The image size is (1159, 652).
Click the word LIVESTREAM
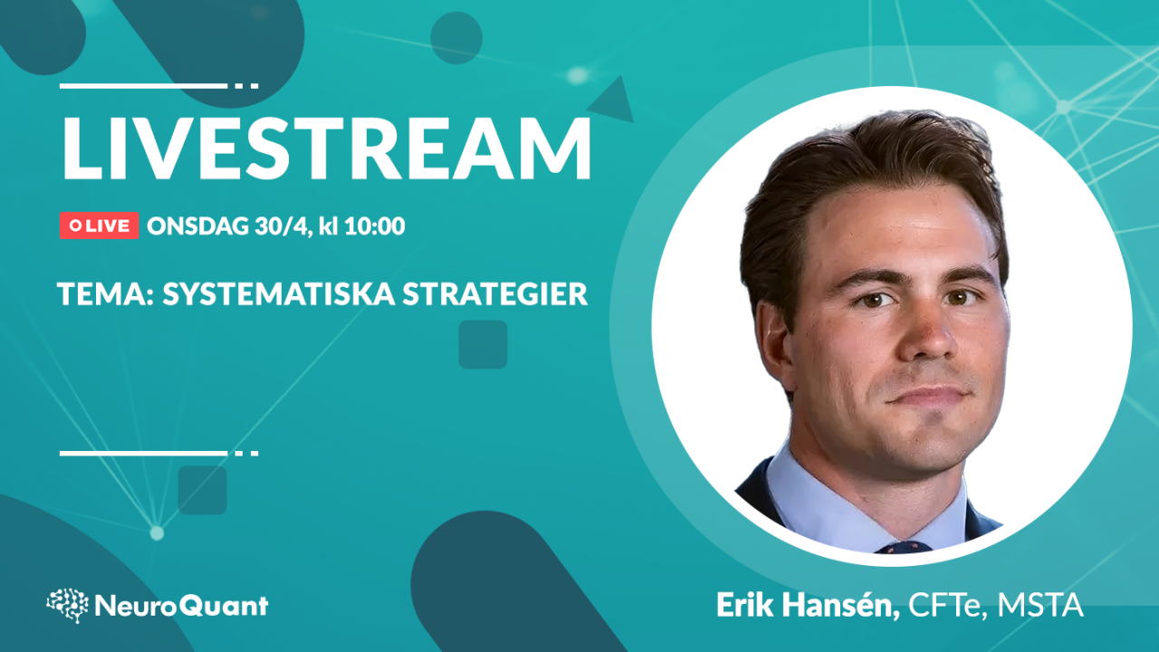pyautogui.click(x=327, y=148)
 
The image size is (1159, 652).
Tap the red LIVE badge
pyautogui.click(x=100, y=225)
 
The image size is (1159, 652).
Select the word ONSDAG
pyautogui.click(x=197, y=226)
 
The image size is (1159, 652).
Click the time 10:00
pyautogui.click(x=375, y=226)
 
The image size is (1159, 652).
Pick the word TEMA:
pyautogui.click(x=106, y=294)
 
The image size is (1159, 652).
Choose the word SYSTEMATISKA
pyautogui.click(x=279, y=294)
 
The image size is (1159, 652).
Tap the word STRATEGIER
pyautogui.click(x=495, y=294)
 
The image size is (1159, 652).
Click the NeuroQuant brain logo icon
pyautogui.click(x=67, y=605)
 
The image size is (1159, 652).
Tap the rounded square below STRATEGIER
pyautogui.click(x=483, y=345)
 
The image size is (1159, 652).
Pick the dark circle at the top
pyautogui.click(x=456, y=38)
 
